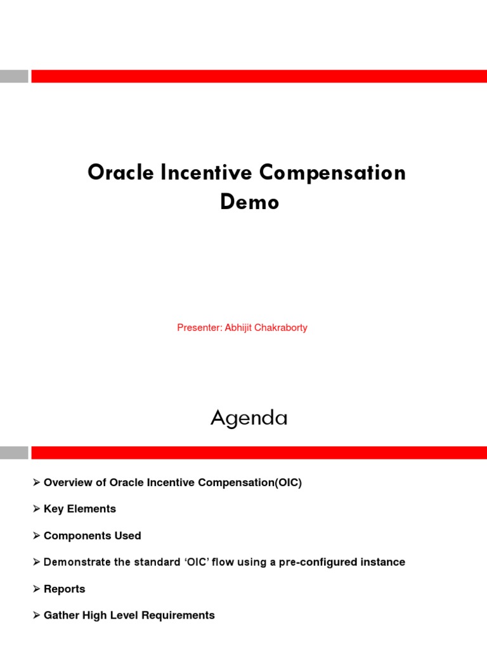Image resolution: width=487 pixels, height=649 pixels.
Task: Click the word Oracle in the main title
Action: (120, 172)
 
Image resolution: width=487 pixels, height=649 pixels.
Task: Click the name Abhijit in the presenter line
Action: (238, 328)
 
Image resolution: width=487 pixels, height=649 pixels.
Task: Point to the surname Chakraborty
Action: (281, 328)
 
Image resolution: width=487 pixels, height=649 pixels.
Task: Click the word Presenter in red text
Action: (198, 328)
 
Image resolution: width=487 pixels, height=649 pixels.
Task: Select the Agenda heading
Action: (249, 418)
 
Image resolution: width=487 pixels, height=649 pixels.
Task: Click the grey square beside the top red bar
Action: (14, 76)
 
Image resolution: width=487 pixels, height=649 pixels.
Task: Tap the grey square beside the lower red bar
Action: (14, 453)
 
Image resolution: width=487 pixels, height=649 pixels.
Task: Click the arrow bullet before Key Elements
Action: (36, 509)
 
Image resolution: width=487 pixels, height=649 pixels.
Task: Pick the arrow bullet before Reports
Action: (36, 589)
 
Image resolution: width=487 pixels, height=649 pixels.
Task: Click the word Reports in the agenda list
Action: (64, 589)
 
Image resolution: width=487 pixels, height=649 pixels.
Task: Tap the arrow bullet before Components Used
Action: (36, 536)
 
